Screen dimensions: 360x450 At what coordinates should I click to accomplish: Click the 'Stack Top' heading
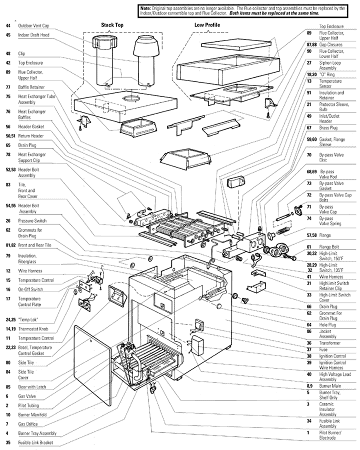112,25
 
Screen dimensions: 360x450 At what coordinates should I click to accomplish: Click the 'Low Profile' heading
207,25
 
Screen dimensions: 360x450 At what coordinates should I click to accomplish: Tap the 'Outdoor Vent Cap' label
33,25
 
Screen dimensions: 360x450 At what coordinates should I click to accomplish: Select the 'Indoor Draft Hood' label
33,35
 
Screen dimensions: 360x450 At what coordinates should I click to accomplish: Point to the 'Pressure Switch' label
32,220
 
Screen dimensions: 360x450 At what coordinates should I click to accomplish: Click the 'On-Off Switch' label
30,289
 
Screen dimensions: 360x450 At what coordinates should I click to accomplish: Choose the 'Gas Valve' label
27,396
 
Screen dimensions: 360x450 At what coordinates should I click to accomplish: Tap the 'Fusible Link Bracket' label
35,442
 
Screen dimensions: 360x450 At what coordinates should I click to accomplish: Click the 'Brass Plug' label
328,127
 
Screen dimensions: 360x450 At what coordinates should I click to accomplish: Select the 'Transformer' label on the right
330,343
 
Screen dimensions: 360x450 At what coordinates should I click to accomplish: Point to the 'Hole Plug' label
327,324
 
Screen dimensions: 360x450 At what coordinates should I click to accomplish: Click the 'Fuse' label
323,349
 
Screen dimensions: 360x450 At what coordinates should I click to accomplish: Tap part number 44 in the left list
8,25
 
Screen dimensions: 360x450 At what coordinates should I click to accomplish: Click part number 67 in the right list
309,127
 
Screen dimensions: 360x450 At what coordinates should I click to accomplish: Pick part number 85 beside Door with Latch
8,387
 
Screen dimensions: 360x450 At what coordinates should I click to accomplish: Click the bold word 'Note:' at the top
145,8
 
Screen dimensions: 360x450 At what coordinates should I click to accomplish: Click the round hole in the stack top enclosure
131,99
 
